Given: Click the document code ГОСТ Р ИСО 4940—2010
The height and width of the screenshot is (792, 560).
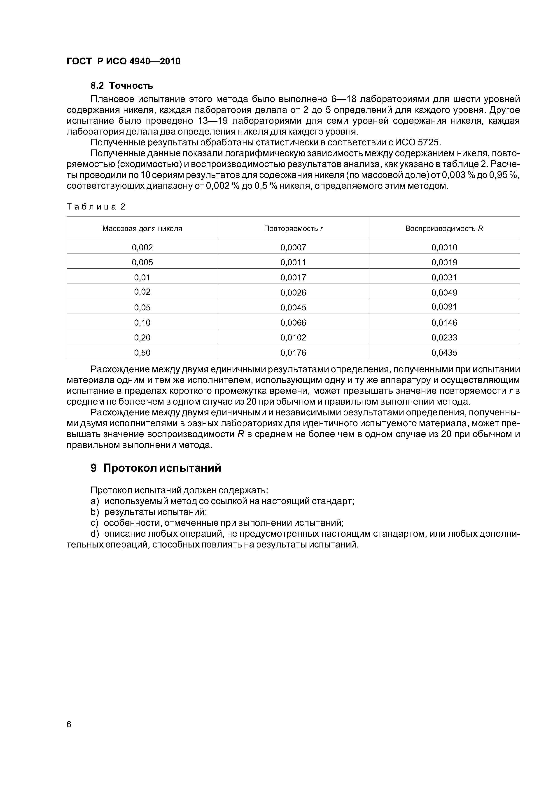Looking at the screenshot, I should tap(123, 61).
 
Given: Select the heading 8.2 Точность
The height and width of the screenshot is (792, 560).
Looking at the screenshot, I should tap(121, 86).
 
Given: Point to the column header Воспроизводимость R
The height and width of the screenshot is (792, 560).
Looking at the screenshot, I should tap(444, 228).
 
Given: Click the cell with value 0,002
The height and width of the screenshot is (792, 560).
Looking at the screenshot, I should tap(142, 247).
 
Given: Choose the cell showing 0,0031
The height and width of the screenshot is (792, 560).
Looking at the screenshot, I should tap(444, 277).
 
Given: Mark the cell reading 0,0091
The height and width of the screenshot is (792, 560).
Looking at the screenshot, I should tap(444, 307).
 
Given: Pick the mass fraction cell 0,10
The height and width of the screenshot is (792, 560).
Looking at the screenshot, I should tap(142, 323).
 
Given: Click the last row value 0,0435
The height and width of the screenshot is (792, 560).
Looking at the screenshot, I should tap(444, 352).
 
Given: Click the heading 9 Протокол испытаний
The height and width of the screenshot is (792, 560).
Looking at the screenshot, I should tap(156, 468).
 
